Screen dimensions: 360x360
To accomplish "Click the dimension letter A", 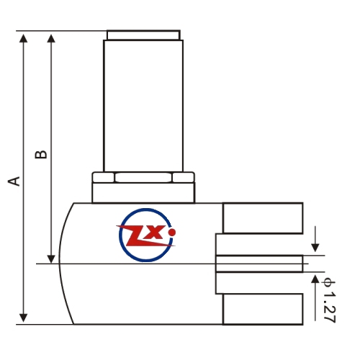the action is [x=14, y=181].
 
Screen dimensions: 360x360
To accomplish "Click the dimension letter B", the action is [x=41, y=155].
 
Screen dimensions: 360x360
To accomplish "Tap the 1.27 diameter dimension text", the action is [x=329, y=307].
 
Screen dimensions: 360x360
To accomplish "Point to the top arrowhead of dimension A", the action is [x=23, y=38].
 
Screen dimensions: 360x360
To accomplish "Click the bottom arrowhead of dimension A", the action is [x=23, y=318].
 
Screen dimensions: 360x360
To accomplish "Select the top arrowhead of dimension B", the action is [x=51, y=38].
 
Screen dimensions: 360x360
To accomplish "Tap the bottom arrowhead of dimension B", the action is [x=51, y=259].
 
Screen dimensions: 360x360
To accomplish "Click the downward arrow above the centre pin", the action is [x=315, y=239].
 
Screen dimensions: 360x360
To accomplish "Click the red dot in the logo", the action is [x=172, y=232].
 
